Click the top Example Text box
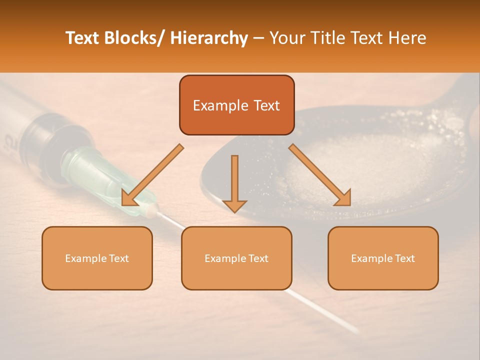click(236, 105)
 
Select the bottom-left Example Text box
click(97, 258)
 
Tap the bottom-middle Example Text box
click(236, 258)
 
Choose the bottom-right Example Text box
click(383, 258)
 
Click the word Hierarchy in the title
click(209, 38)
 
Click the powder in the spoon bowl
click(360, 165)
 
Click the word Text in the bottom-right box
click(404, 258)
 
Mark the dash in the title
click(258, 38)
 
